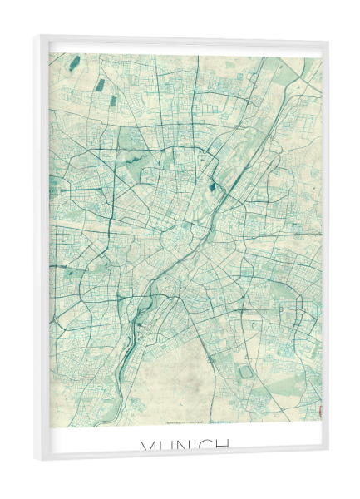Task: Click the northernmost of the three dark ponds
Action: click(x=76, y=62)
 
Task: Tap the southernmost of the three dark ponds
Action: click(x=113, y=101)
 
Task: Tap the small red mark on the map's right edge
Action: click(x=319, y=408)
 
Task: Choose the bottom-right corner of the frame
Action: click(x=328, y=450)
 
